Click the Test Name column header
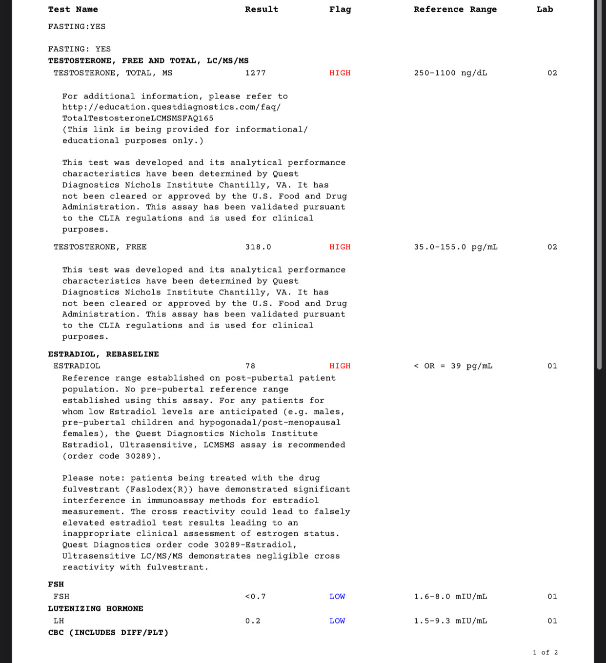tap(73, 9)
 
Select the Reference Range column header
tap(455, 9)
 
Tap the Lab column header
tap(545, 9)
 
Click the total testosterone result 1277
tap(255, 73)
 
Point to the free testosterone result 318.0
tap(258, 247)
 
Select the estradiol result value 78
tap(250, 366)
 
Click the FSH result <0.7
tap(255, 597)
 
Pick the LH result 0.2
tap(253, 621)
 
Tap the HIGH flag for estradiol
tap(340, 366)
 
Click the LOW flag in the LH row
tap(337, 621)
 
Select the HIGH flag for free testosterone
tap(340, 247)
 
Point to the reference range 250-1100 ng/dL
tap(450, 73)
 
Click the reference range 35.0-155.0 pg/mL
tap(456, 247)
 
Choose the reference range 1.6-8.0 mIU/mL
tap(450, 597)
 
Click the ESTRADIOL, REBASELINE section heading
tap(103, 354)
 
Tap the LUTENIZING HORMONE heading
tap(96, 609)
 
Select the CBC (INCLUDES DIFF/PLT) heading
tap(108, 633)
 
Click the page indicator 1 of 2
tap(545, 653)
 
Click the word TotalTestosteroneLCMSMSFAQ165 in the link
tap(138, 118)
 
